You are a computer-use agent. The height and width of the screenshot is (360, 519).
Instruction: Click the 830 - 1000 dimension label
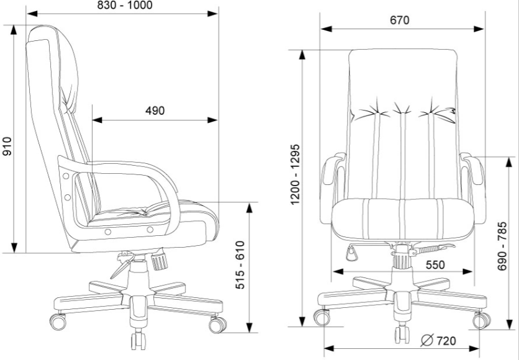[x=125, y=5]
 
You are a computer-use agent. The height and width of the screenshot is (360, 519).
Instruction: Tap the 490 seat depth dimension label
[x=155, y=110]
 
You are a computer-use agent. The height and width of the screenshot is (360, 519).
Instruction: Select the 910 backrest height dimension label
[x=7, y=146]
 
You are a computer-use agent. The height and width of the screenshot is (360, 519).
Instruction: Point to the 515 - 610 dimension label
[x=240, y=264]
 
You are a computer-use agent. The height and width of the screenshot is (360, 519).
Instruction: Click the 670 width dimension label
[x=400, y=20]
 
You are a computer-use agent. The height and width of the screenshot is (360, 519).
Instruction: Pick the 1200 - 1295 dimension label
[x=295, y=174]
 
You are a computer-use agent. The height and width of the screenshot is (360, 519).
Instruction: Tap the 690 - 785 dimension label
[x=502, y=246]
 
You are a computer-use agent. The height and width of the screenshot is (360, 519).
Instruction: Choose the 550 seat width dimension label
[x=435, y=265]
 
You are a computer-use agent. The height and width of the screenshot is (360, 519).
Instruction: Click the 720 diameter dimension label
[x=446, y=341]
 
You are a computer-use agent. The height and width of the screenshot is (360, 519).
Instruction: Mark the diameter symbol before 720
[x=427, y=340]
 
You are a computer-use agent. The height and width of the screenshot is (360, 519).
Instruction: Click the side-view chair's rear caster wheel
[x=58, y=322]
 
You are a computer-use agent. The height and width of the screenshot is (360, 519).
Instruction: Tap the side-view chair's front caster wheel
[x=217, y=325]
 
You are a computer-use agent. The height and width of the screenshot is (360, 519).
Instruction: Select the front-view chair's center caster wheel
[x=402, y=335]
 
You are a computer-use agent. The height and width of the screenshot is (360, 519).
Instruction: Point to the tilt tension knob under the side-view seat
[x=159, y=261]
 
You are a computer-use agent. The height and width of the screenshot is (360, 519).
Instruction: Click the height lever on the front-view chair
[x=432, y=249]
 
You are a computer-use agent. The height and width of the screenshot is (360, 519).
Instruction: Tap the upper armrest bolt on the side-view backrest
[x=66, y=176]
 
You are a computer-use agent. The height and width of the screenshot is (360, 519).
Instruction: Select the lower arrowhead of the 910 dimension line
[x=14, y=248]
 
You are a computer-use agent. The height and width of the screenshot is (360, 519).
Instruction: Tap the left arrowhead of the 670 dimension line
[x=327, y=29]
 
